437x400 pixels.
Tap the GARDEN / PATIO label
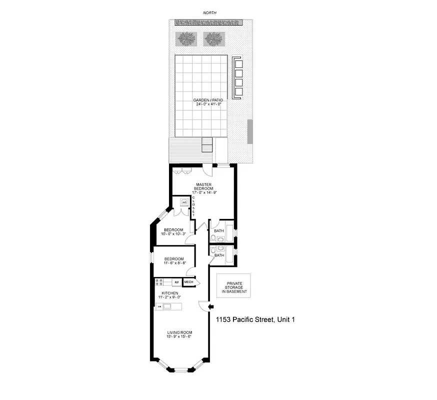208,100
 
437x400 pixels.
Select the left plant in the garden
186,38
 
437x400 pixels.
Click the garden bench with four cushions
238,79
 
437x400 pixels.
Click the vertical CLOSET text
193,205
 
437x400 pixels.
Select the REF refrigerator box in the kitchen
176,282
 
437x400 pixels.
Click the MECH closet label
188,282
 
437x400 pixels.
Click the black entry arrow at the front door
210,307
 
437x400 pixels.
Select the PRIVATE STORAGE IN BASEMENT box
233,286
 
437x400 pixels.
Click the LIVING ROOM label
179,334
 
